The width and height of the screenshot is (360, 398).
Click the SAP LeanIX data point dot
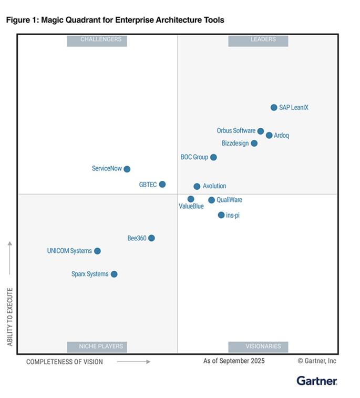pyautogui.click(x=274, y=107)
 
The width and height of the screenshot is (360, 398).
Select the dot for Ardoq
pyautogui.click(x=269, y=135)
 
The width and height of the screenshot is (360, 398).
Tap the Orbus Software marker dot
pyautogui.click(x=261, y=131)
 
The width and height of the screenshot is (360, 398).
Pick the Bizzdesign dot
pyautogui.click(x=254, y=143)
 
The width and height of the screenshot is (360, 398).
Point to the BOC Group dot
pyautogui.click(x=213, y=157)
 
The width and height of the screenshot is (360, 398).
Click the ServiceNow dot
pyautogui.click(x=127, y=169)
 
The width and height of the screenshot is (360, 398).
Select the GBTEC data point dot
pyautogui.click(x=162, y=184)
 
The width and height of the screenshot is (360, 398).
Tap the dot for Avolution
pyautogui.click(x=197, y=186)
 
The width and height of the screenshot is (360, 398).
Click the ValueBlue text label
pyautogui.click(x=191, y=207)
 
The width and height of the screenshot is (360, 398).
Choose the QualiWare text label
pyautogui.click(x=229, y=200)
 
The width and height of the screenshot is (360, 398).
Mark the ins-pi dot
pyautogui.click(x=221, y=215)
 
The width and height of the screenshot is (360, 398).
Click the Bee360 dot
pyautogui.click(x=151, y=238)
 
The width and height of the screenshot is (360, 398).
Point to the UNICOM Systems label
pyautogui.click(x=69, y=251)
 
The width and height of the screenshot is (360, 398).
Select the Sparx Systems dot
pyautogui.click(x=114, y=274)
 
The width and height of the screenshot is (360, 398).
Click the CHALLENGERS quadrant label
pyautogui.click(x=101, y=39)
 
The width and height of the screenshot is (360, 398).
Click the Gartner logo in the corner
pyautogui.click(x=316, y=380)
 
